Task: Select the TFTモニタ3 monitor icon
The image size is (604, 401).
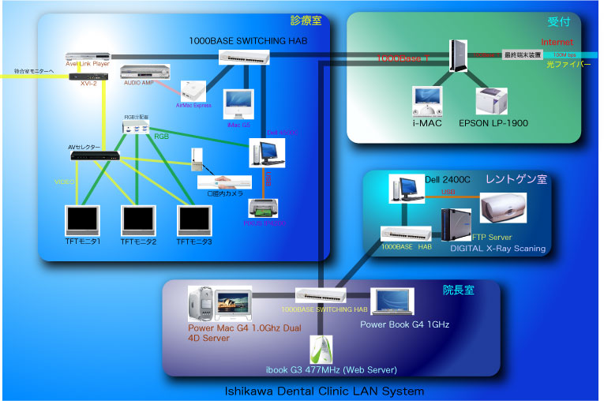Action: coord(194,222)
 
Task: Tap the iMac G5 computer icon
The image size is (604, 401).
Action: coord(238,104)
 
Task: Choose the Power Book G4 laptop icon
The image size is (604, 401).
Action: coord(394,302)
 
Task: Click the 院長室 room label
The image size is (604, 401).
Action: coord(458,290)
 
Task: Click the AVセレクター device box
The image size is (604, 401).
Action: coord(96,156)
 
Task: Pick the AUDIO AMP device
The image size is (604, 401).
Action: coord(145,73)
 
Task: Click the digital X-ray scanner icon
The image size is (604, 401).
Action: coord(503,208)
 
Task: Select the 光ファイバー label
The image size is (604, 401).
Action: coord(568,65)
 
